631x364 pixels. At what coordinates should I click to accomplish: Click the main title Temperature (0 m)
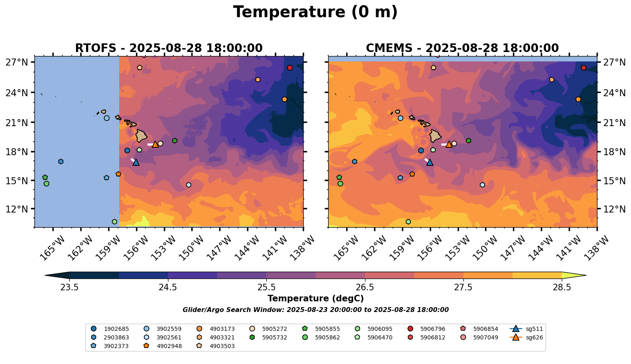click(315, 12)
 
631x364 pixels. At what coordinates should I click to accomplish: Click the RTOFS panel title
click(168, 48)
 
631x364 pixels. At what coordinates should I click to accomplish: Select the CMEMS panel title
click(462, 48)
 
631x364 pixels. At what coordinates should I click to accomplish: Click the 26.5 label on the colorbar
click(365, 287)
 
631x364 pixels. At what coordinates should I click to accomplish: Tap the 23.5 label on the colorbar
click(69, 287)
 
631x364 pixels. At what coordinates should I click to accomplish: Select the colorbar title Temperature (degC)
click(315, 298)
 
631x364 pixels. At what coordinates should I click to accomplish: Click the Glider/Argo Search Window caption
click(315, 310)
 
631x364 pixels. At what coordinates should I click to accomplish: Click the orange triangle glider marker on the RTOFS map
click(155, 144)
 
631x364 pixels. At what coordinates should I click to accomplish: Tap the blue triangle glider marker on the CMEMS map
click(429, 162)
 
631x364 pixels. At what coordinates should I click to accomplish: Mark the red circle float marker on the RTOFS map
click(290, 68)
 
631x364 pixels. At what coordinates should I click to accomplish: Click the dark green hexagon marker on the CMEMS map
click(468, 140)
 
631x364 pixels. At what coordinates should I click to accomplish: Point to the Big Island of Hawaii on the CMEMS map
click(435, 136)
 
